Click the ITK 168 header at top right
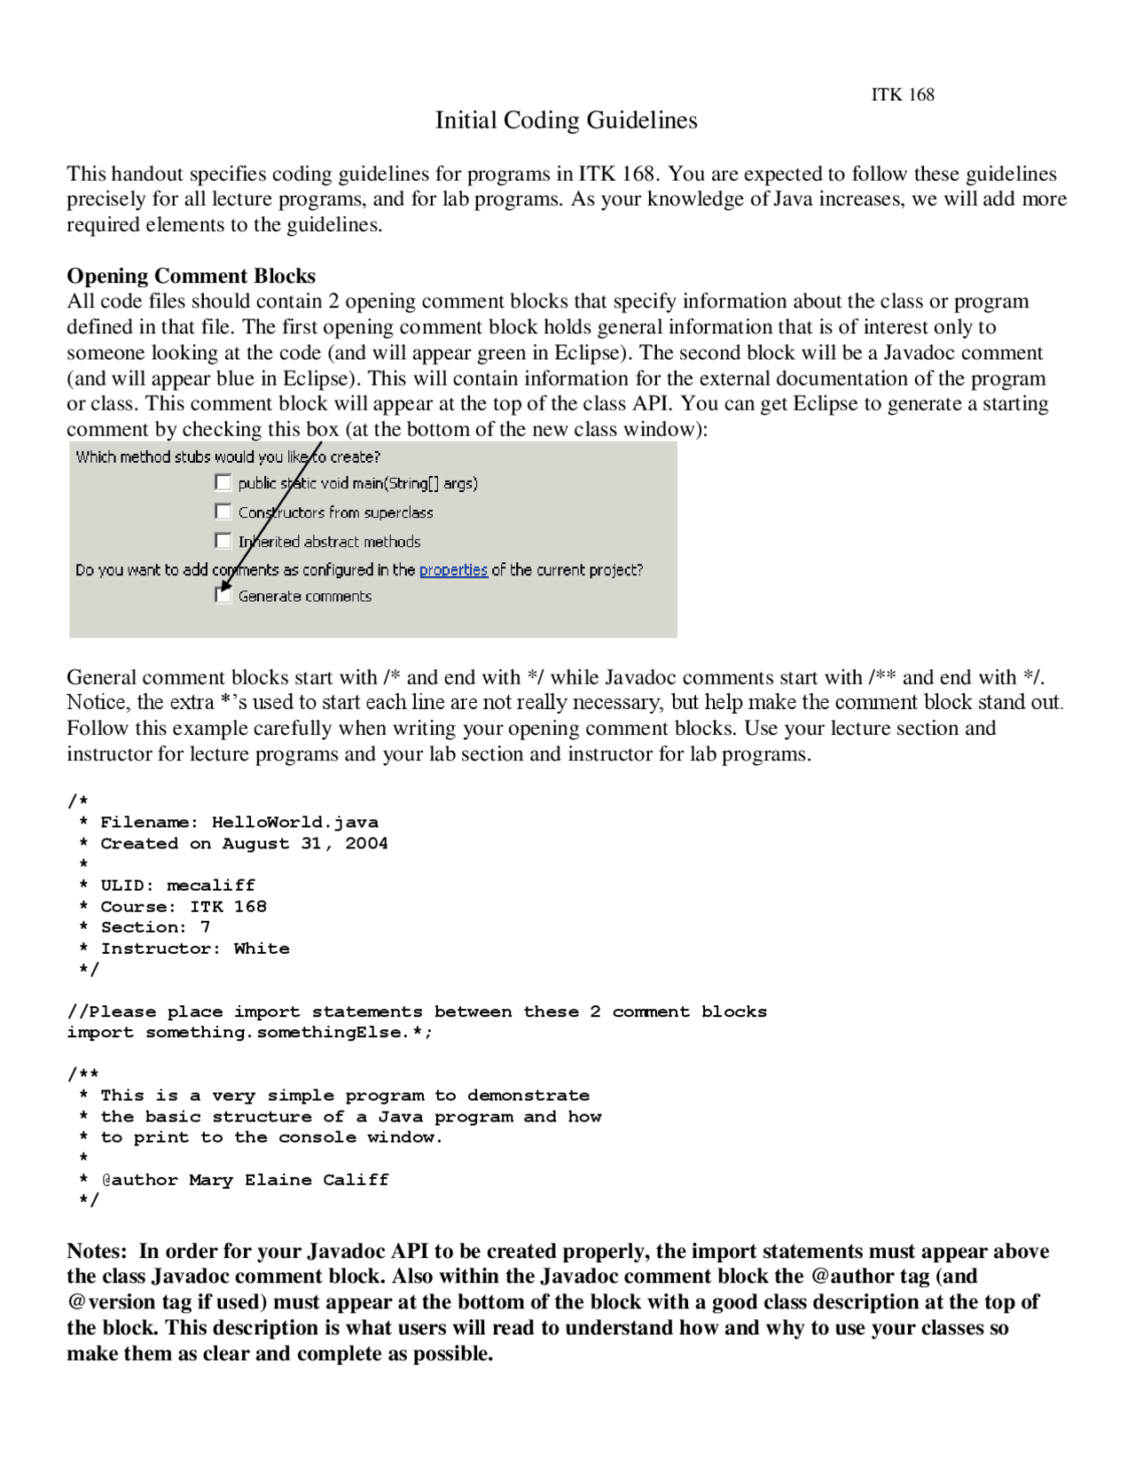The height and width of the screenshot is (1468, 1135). (902, 95)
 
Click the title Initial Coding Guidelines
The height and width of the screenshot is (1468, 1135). (566, 121)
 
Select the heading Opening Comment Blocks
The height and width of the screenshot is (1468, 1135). (191, 276)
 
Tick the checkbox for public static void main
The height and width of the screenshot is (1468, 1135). (223, 483)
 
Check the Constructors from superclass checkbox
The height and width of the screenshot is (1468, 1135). (223, 512)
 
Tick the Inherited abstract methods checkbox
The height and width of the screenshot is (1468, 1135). (223, 541)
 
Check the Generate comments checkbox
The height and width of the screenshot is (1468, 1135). (223, 596)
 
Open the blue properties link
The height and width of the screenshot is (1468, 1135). (453, 570)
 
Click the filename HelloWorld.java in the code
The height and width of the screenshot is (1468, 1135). (294, 823)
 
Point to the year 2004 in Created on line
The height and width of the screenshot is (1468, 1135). (366, 844)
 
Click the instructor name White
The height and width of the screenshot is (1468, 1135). (262, 949)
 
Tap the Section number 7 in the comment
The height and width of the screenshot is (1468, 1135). (205, 927)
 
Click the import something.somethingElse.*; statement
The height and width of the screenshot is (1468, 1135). (250, 1033)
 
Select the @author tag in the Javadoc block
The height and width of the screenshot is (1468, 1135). (139, 1180)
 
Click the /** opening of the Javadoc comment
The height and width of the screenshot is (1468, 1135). (83, 1074)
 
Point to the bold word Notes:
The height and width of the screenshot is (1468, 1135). (98, 1252)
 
